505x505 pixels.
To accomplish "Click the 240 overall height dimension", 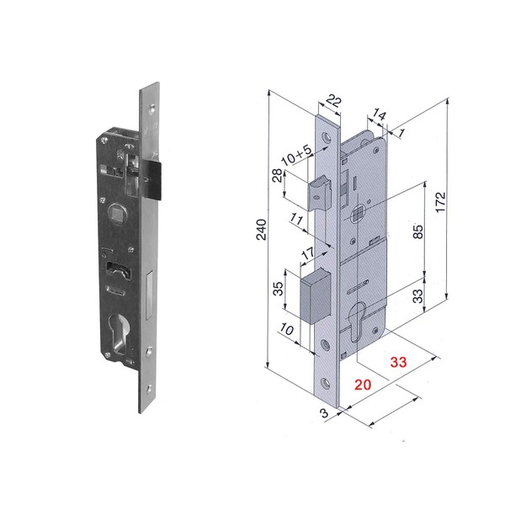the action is pyautogui.click(x=261, y=229).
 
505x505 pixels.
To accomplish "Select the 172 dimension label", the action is pyautogui.click(x=440, y=202).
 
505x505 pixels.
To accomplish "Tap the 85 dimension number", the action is pyautogui.click(x=417, y=231).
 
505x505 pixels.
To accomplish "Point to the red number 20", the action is pyautogui.click(x=363, y=385).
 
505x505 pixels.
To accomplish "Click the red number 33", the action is pyautogui.click(x=398, y=362).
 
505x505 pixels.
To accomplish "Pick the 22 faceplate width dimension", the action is pyautogui.click(x=333, y=101).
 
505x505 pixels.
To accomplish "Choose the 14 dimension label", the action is pyautogui.click(x=379, y=114).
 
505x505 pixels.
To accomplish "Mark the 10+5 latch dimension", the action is pyautogui.click(x=296, y=155).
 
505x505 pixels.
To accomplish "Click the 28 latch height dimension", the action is pyautogui.click(x=277, y=175).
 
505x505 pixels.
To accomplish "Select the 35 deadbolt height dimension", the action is pyautogui.click(x=278, y=288).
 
